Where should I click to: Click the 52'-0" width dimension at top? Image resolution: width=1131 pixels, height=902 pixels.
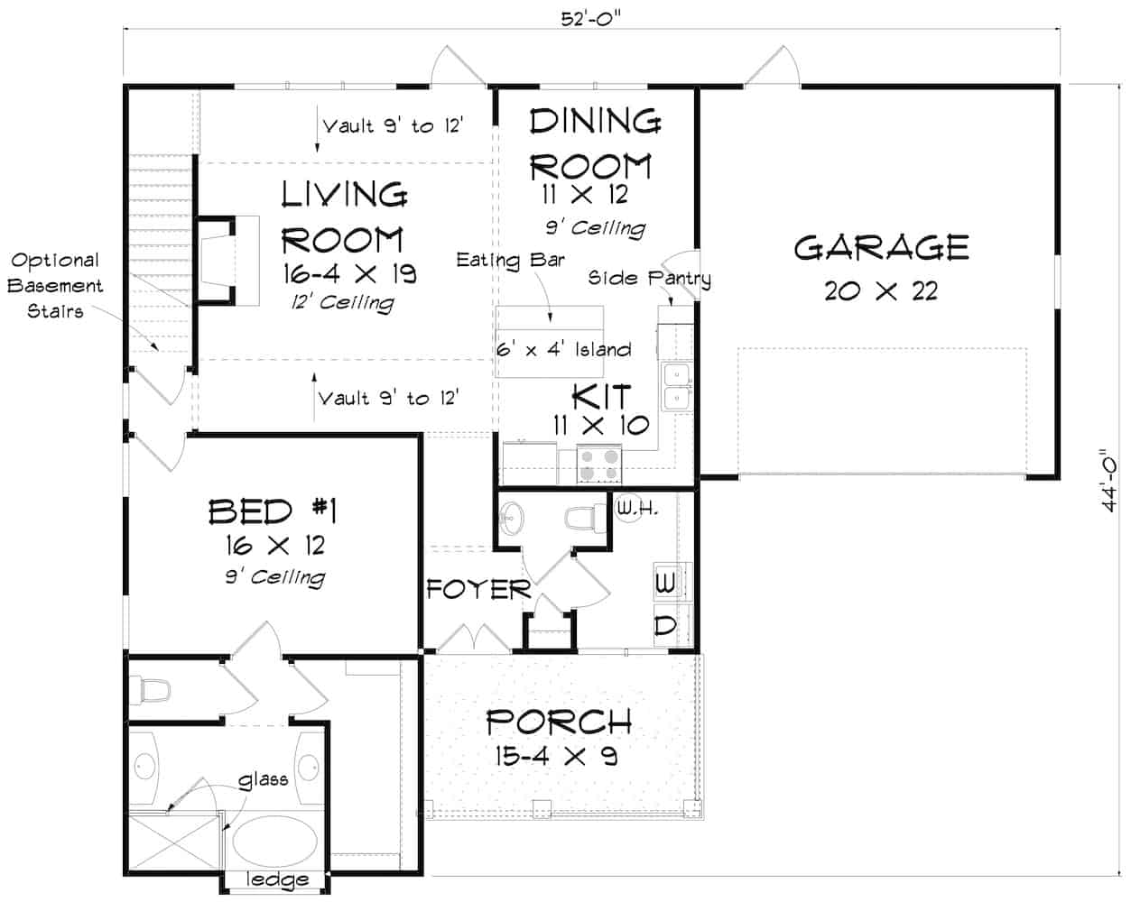tap(592, 17)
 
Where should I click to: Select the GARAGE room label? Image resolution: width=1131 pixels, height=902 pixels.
tap(881, 247)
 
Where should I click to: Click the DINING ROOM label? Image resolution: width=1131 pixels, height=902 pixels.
tap(595, 143)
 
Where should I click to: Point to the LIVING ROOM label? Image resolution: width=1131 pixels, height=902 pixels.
tap(343, 216)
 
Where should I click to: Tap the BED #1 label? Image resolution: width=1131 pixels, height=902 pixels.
tap(273, 511)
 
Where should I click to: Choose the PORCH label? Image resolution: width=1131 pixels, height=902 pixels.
tap(558, 722)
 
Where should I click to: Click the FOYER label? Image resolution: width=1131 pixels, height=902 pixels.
tap(477, 590)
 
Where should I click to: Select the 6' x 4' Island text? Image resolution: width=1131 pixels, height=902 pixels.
tap(563, 349)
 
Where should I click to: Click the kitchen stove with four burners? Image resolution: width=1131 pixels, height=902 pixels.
tap(599, 464)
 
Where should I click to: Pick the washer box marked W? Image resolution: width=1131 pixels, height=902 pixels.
tap(664, 584)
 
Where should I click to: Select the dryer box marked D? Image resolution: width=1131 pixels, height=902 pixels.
tap(664, 625)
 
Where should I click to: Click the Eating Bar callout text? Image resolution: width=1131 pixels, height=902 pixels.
tap(510, 261)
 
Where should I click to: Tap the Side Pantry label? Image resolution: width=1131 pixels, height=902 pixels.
tap(649, 278)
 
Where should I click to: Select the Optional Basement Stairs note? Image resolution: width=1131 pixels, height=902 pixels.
tap(56, 285)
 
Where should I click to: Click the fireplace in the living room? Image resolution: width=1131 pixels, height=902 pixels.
tap(217, 259)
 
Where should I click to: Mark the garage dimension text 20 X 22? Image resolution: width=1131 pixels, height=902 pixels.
tap(881, 290)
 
